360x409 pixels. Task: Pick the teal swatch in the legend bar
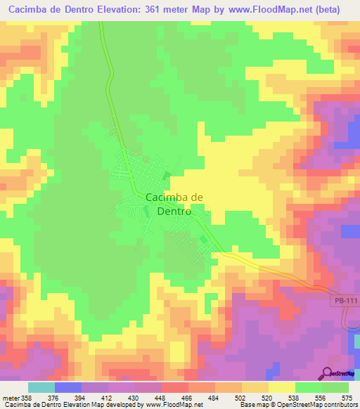coord(41,387)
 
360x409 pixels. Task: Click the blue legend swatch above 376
coord(68,387)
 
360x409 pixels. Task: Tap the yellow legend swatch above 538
coord(282,387)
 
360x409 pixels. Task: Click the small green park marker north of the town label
coord(167,176)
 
